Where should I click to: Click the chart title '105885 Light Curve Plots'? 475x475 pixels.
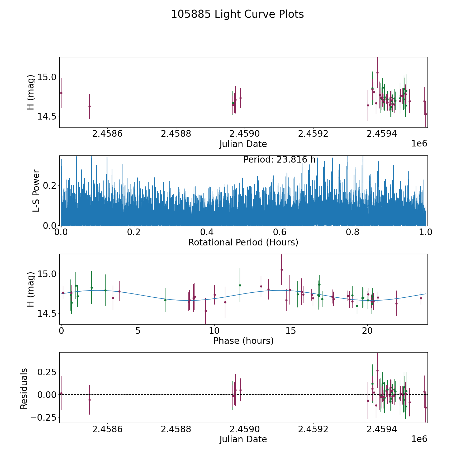tap(237, 14)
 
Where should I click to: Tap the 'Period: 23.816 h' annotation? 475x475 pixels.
tap(279, 160)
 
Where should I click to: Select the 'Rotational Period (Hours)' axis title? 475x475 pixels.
tap(243, 242)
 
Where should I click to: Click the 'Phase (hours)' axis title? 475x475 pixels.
tap(243, 341)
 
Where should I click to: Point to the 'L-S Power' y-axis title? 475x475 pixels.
tap(36, 191)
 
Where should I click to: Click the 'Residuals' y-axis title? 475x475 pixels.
tap(24, 388)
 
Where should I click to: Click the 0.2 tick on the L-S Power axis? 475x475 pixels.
tap(50, 185)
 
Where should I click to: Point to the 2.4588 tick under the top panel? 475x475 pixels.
tap(176, 134)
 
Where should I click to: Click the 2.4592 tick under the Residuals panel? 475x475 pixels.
tap(313, 429)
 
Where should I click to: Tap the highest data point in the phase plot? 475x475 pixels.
tap(282, 270)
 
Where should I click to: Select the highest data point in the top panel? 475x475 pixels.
tap(377, 73)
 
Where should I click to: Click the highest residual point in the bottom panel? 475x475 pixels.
tap(377, 370)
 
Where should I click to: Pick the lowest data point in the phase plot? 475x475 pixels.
tap(206, 311)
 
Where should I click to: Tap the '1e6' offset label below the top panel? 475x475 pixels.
tap(419, 144)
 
